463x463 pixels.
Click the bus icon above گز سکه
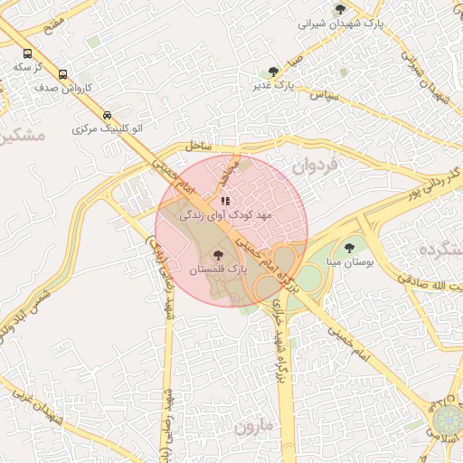(27, 53)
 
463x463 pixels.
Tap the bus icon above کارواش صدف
(62, 74)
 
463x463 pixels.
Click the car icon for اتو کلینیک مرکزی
(108, 115)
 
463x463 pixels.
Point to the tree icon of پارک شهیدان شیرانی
(340, 9)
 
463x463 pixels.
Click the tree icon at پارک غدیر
(273, 71)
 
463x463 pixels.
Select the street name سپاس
(323, 94)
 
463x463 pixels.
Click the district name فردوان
(315, 166)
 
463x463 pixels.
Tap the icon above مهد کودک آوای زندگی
(225, 201)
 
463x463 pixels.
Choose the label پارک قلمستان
(218, 269)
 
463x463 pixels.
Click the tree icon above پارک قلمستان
(218, 255)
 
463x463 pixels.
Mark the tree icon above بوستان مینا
(348, 244)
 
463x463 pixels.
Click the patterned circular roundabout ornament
(447, 420)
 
